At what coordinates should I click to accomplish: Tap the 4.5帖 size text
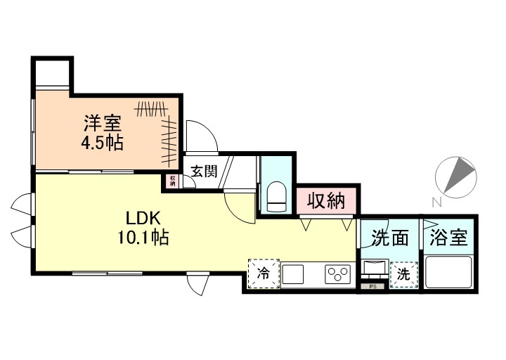click(x=103, y=143)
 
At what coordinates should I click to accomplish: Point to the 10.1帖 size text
click(x=143, y=238)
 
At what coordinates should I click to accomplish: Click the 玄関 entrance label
click(x=204, y=171)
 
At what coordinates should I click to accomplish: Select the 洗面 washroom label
click(x=391, y=238)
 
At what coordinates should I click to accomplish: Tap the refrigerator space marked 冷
click(x=263, y=274)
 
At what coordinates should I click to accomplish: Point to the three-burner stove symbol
click(x=338, y=274)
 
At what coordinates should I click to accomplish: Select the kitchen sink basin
click(x=294, y=274)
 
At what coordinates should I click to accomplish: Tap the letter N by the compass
click(x=436, y=202)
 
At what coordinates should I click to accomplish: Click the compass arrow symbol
click(x=455, y=175)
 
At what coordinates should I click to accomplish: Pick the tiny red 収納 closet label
click(x=172, y=180)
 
